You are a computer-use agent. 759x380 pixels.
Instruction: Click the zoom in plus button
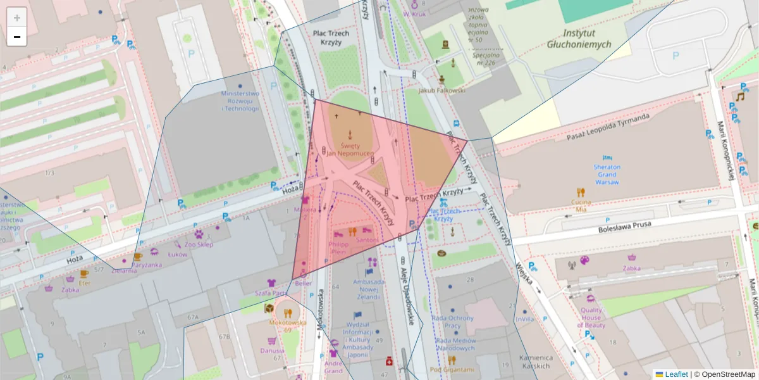click(x=17, y=18)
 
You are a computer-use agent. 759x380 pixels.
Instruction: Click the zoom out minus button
click(x=17, y=37)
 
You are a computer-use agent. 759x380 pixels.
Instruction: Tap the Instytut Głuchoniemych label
click(x=579, y=39)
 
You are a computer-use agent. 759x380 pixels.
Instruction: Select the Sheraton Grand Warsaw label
click(x=607, y=174)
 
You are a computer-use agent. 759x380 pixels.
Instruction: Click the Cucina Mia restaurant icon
click(x=581, y=192)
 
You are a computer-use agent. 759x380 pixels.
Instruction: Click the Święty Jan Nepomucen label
click(x=352, y=149)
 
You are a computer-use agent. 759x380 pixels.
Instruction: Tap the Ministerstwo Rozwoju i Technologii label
click(x=240, y=101)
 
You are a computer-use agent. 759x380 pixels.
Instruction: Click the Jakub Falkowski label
click(x=442, y=91)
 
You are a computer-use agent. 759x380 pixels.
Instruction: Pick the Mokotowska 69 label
click(x=288, y=326)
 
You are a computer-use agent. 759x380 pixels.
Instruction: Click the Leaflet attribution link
click(x=676, y=374)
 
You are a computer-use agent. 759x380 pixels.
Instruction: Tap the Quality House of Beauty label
click(x=591, y=318)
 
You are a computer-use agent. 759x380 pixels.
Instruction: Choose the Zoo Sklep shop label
click(x=199, y=244)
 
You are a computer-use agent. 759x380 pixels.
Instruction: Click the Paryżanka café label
click(x=146, y=265)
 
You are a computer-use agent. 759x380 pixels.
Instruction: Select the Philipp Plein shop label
click(x=338, y=248)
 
